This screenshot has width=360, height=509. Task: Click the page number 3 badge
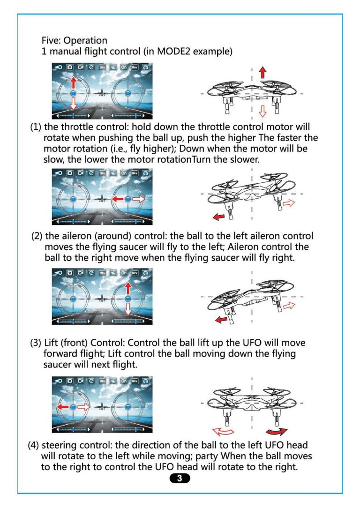[x=180, y=479]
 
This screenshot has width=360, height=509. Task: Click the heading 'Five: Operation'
[x=75, y=40]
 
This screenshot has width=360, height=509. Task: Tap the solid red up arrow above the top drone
[x=262, y=72]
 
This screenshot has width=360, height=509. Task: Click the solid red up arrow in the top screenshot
[x=73, y=84]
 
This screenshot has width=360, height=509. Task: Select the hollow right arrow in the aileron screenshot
[x=139, y=199]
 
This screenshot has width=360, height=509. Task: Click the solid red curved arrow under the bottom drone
[x=276, y=431]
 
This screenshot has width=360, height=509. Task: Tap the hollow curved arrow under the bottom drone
[x=223, y=431]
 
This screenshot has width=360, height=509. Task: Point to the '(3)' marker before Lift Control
[x=36, y=343]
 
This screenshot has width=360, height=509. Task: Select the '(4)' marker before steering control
[x=34, y=445]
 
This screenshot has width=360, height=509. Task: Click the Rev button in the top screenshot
[x=135, y=67]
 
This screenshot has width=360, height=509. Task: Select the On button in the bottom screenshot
[x=124, y=382]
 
